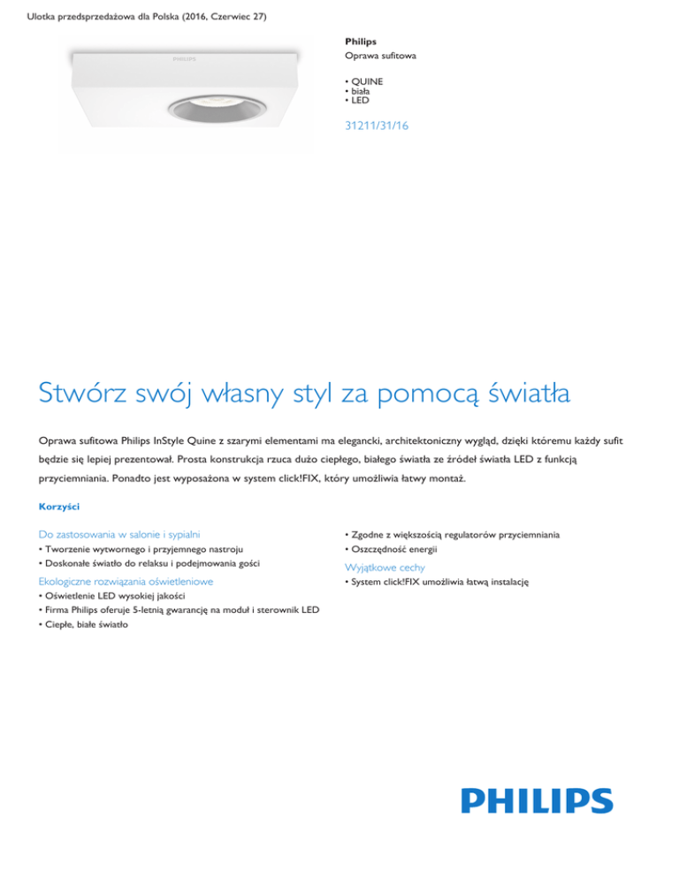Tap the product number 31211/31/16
(377, 126)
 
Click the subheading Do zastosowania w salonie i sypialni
(119, 534)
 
